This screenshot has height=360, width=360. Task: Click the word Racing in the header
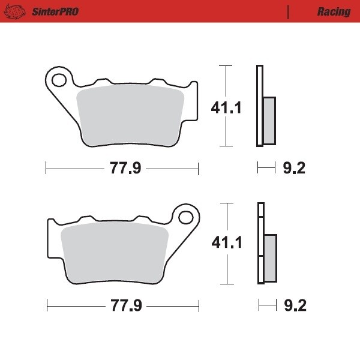point(334,11)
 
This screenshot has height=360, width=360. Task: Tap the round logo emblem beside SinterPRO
point(17,11)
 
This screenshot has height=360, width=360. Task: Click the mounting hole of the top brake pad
point(59,80)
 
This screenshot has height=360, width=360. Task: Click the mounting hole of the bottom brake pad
point(187,217)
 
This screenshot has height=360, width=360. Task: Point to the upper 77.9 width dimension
point(125,169)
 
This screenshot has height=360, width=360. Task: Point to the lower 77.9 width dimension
point(125,306)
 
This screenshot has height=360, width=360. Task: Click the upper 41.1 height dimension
point(209,108)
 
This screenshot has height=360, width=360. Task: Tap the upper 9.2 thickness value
point(293,169)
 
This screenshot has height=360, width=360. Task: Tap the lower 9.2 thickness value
point(294,306)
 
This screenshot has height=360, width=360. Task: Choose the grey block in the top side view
point(269,121)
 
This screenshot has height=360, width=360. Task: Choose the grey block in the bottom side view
point(271,257)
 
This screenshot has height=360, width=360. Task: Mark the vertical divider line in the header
point(289,11)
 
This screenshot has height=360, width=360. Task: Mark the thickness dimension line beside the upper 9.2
point(265,169)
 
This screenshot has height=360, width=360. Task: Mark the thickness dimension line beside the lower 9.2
point(265,306)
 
